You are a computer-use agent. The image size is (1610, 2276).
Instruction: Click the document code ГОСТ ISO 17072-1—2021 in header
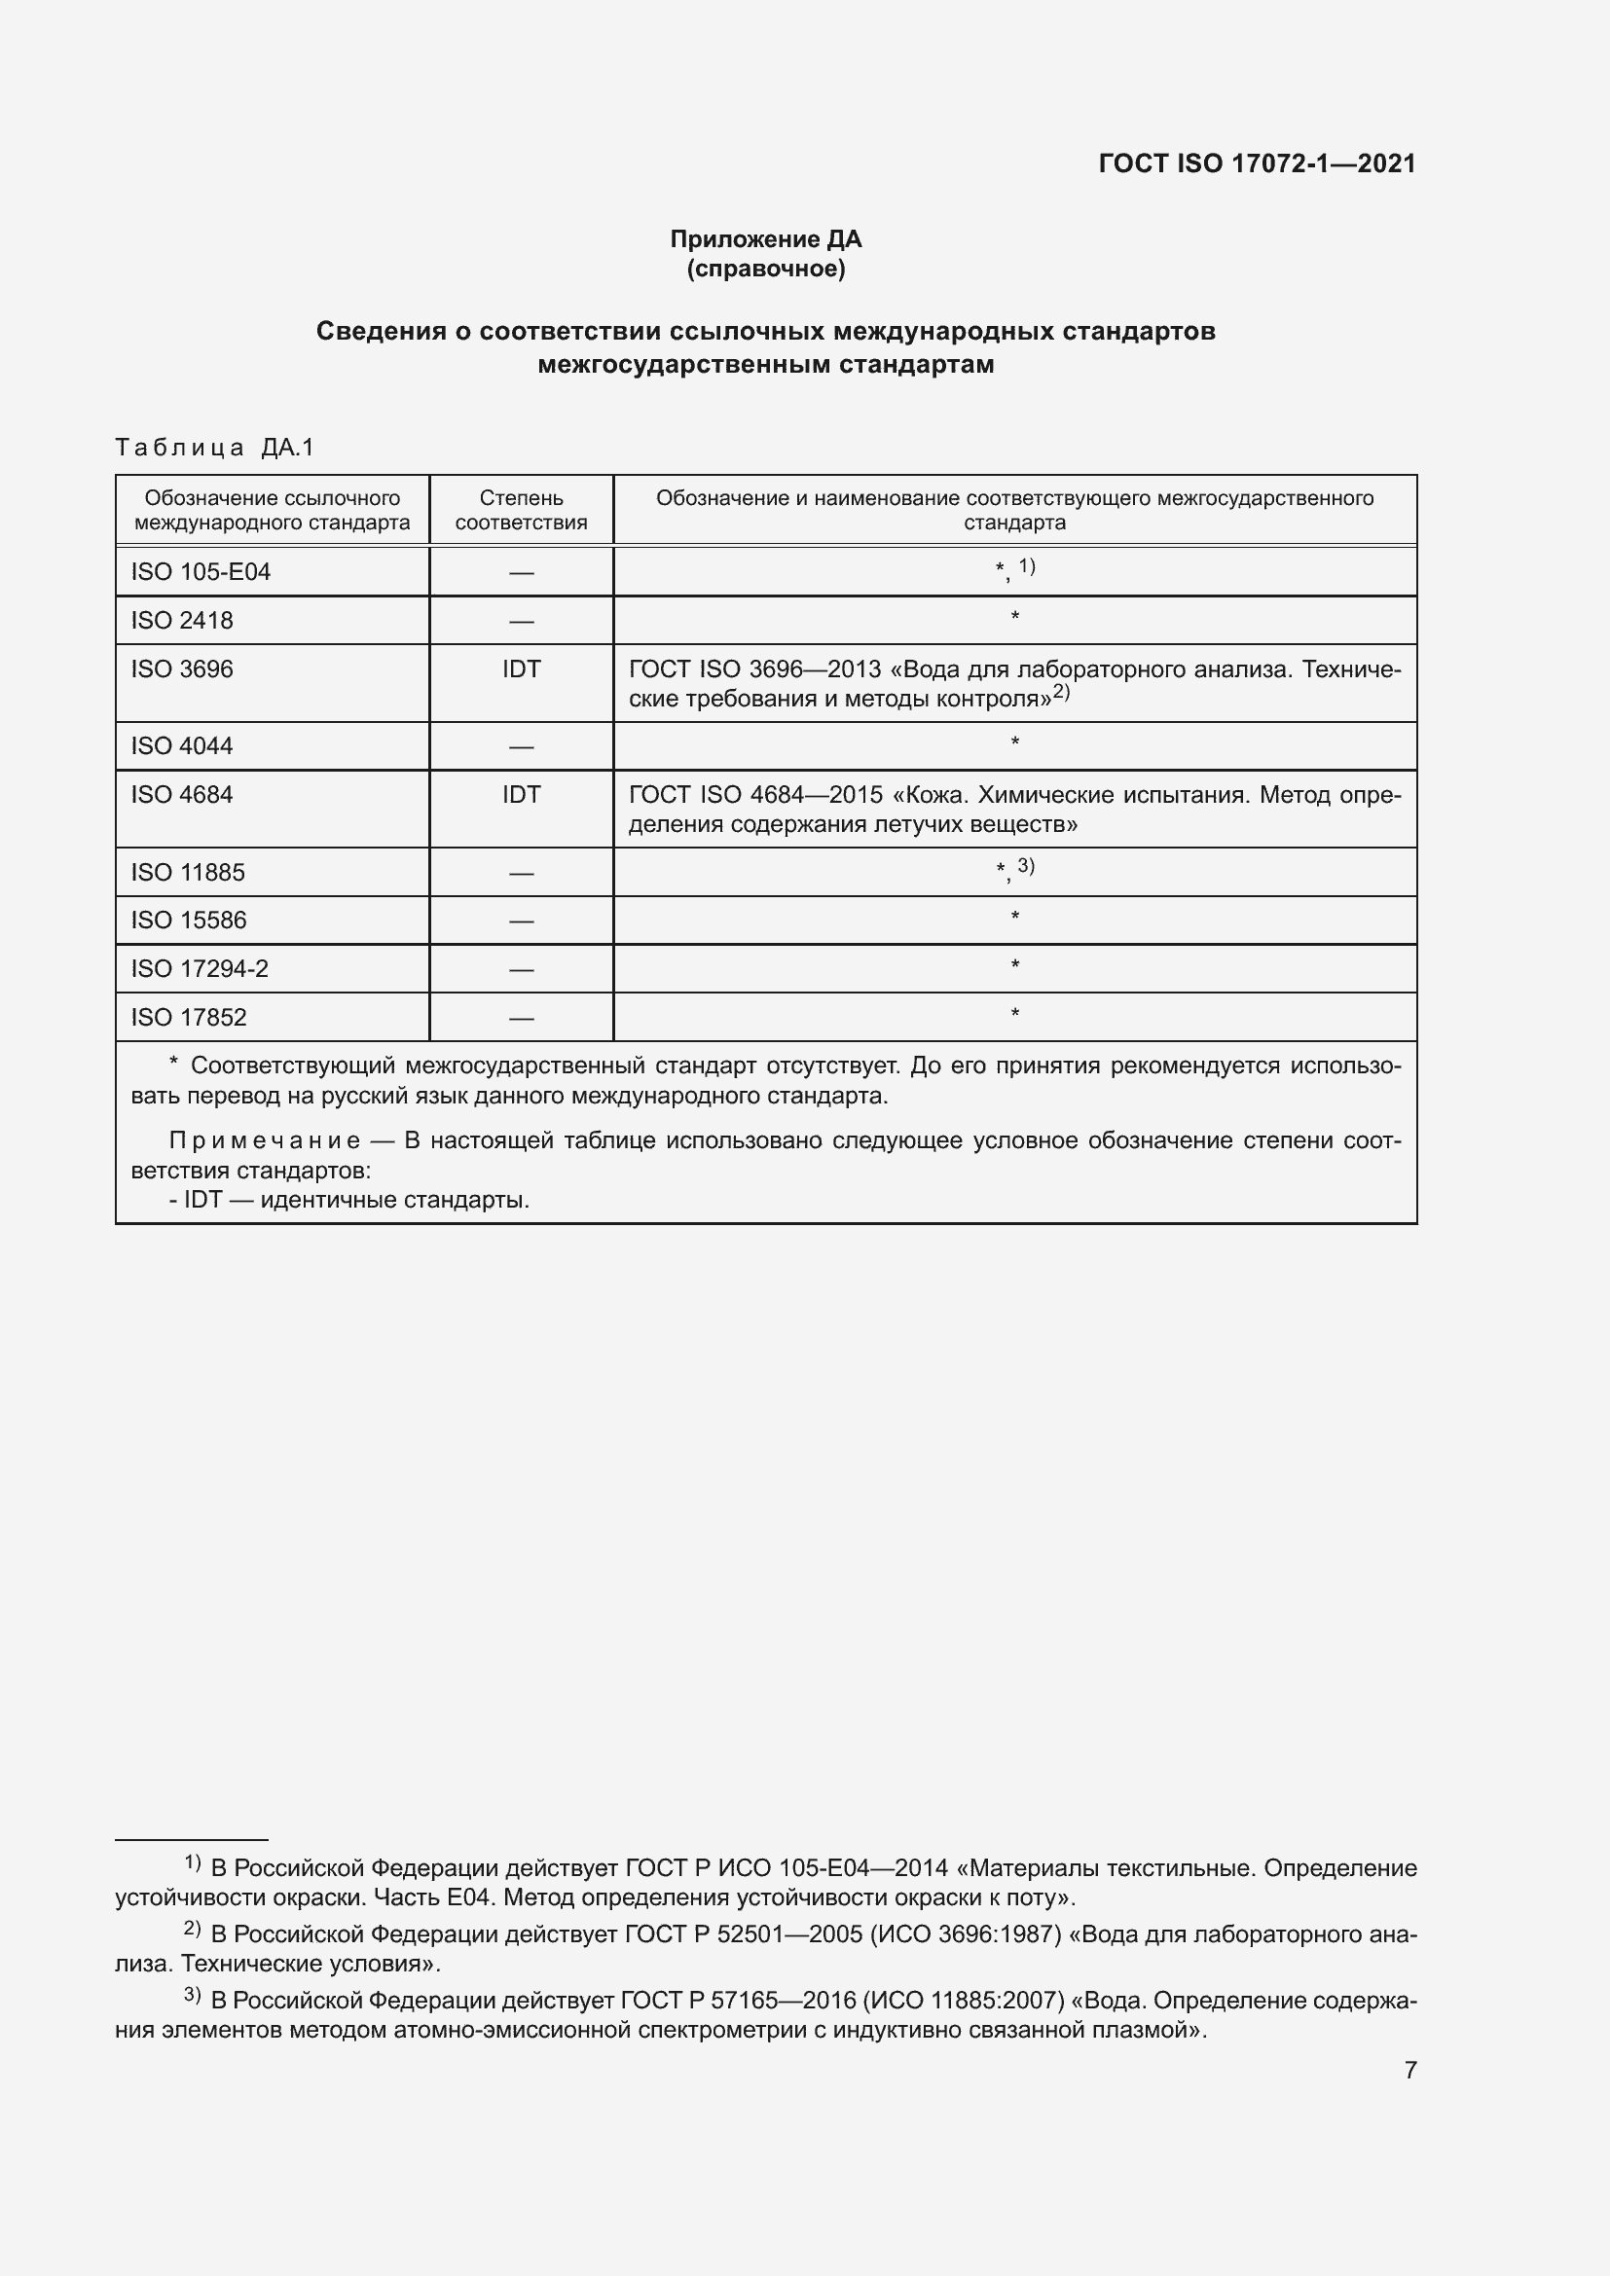click(1256, 163)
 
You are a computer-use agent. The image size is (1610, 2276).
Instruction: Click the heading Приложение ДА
click(765, 239)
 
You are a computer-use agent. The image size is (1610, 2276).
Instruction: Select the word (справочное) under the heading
click(765, 269)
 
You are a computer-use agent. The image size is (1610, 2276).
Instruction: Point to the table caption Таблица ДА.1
click(214, 447)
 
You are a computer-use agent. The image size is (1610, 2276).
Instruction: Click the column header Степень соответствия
click(521, 510)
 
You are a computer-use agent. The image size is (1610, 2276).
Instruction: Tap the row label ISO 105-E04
click(201, 572)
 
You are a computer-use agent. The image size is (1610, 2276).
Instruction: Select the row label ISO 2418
click(181, 621)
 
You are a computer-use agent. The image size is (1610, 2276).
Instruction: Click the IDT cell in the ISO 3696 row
click(521, 669)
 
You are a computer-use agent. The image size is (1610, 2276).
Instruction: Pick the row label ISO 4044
click(181, 745)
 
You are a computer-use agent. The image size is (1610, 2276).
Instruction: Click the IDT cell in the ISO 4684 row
click(521, 794)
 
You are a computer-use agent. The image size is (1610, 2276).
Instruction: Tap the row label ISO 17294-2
click(200, 968)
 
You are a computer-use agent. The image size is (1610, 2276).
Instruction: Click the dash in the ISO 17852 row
click(521, 1017)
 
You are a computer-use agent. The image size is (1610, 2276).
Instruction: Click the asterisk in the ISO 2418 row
click(1014, 618)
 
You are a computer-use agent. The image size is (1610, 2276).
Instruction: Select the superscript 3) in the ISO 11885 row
click(1026, 866)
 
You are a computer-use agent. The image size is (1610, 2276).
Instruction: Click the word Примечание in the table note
click(265, 1141)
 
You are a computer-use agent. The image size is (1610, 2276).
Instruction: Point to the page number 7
click(1409, 2070)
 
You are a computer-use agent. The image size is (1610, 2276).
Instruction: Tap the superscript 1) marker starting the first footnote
click(193, 1862)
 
